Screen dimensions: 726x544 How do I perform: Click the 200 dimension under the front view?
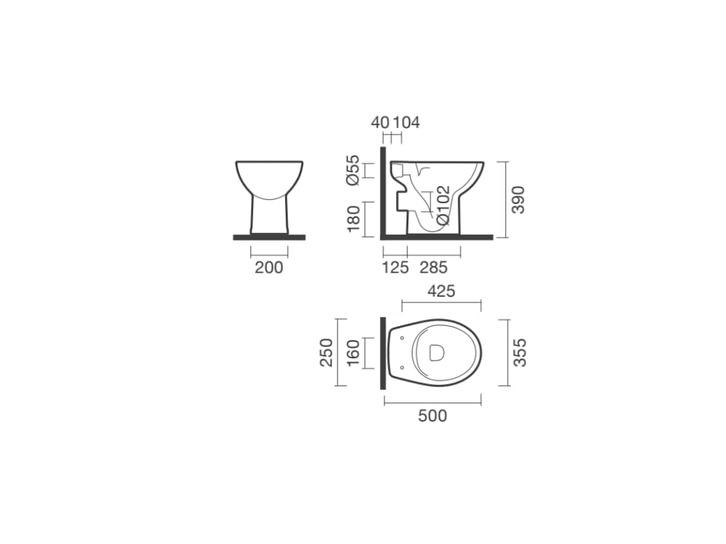(269, 267)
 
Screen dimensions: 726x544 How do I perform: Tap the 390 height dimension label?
(518, 200)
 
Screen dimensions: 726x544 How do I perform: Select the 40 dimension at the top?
(380, 123)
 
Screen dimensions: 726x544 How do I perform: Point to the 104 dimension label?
(406, 123)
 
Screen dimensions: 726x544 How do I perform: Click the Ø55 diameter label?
(353, 170)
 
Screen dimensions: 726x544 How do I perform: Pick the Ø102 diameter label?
(443, 205)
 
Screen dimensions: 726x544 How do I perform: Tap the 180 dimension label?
(353, 219)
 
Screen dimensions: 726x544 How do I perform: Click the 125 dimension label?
(396, 267)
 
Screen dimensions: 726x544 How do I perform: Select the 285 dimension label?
(434, 267)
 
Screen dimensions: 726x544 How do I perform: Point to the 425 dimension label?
(441, 291)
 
